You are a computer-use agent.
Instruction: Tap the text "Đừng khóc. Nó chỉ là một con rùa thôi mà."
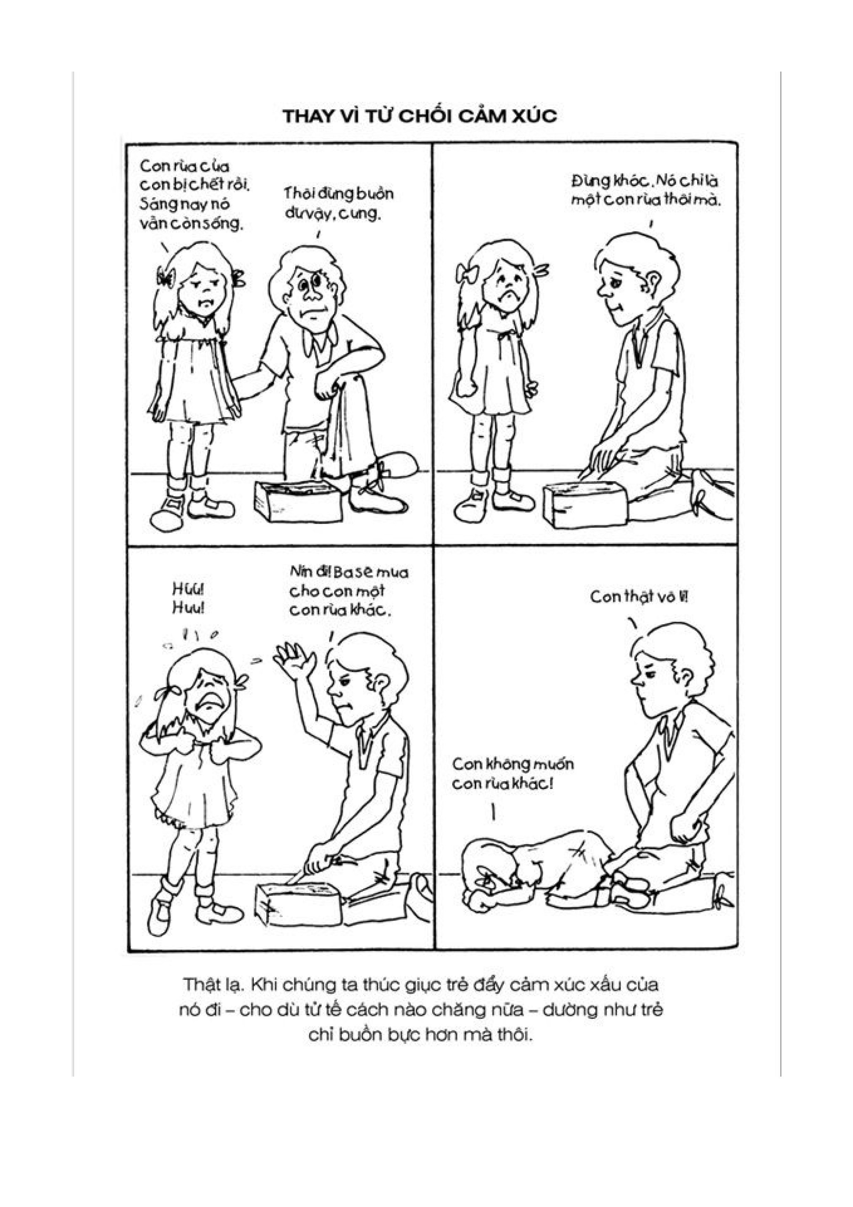(x=646, y=191)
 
